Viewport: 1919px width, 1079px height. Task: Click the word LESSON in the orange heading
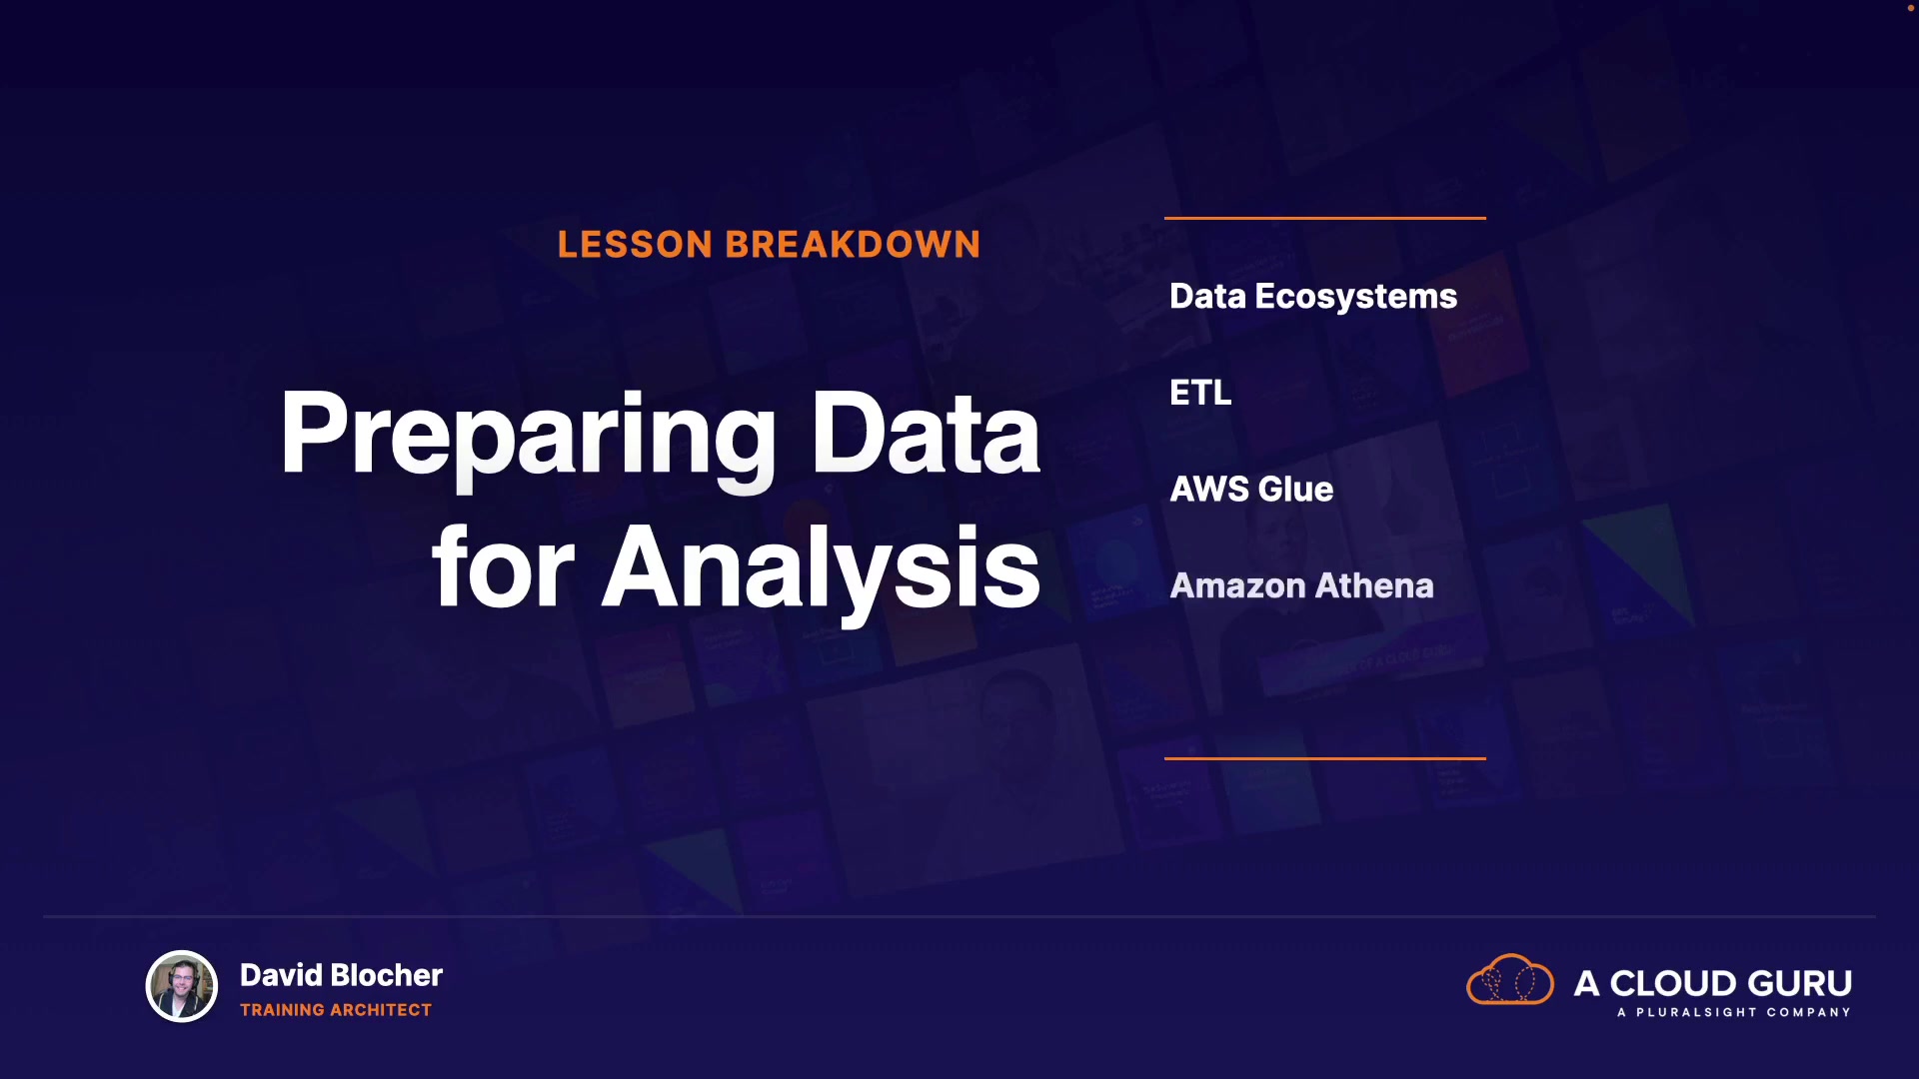(x=635, y=245)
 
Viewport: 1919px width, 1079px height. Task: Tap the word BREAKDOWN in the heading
(x=853, y=245)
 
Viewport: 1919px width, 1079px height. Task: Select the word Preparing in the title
(x=528, y=438)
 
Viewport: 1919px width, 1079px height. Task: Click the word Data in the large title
(x=926, y=432)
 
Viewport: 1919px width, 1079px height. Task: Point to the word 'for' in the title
(x=503, y=566)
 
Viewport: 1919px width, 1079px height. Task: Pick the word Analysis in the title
(x=821, y=572)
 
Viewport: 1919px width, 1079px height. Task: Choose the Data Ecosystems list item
(x=1313, y=297)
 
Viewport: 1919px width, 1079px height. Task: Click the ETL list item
(x=1200, y=393)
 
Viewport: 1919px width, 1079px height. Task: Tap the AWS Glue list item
(x=1251, y=489)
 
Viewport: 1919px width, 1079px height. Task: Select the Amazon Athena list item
(x=1301, y=585)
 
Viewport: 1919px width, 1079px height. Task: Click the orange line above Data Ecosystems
(x=1325, y=218)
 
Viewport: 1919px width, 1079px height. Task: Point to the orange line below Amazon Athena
(x=1325, y=758)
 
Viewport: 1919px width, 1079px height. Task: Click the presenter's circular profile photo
(x=182, y=986)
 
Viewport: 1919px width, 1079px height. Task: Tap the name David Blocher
(x=341, y=975)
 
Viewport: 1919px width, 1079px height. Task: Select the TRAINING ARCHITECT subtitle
(x=336, y=1010)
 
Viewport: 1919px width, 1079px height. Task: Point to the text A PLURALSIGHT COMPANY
(x=1734, y=1012)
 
